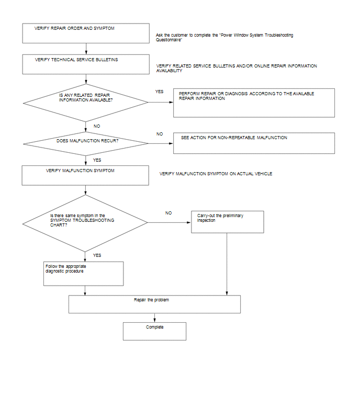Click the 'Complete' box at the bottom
(154, 331)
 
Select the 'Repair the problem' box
(154, 304)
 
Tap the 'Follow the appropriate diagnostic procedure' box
(83, 274)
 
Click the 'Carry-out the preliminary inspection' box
(228, 222)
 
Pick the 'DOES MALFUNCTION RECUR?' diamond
(86, 143)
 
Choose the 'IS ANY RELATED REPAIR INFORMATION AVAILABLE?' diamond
(86, 103)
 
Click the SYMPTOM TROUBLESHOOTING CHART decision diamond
(85, 223)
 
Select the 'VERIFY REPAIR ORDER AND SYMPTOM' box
(86, 33)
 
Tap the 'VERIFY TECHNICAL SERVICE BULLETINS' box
(86, 64)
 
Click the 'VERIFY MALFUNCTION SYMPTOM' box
(85, 175)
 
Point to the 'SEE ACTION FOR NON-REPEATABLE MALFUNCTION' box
(254, 143)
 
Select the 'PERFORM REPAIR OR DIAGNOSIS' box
(254, 103)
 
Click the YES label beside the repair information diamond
(159, 92)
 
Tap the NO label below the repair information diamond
(97, 126)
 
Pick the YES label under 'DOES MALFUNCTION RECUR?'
(97, 160)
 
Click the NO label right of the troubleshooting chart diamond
(168, 213)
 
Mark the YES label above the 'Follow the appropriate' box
(97, 255)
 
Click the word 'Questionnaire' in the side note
(168, 40)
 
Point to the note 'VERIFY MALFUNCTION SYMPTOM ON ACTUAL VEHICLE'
(216, 174)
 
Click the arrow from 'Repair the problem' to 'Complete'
(154, 318)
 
